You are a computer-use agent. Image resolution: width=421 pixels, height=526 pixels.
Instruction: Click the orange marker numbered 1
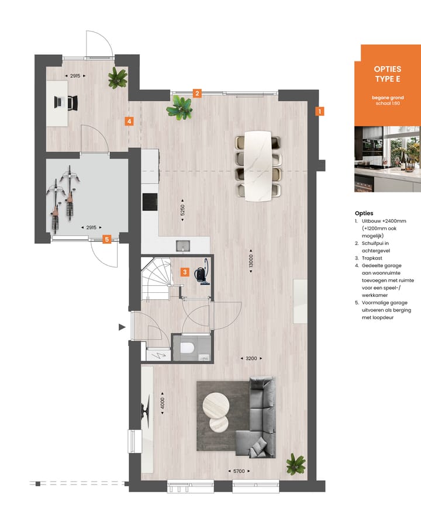point(320,110)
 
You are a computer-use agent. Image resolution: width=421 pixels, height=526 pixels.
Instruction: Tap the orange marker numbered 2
point(197,93)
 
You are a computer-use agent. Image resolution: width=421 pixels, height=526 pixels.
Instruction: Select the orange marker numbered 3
point(184,272)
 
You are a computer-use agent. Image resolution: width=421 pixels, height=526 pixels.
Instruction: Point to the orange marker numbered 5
point(106,238)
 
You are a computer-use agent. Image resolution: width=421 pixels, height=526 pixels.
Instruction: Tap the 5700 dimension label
point(240,471)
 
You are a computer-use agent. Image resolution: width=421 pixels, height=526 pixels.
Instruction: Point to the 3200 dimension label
point(252,358)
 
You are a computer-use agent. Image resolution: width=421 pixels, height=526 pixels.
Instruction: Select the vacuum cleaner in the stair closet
point(202,274)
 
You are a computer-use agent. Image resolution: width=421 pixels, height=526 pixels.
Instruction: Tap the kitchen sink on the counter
point(183,245)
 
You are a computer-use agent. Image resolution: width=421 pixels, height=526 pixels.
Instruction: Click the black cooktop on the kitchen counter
point(149,202)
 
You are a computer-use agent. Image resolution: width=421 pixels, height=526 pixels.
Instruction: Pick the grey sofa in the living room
point(257,415)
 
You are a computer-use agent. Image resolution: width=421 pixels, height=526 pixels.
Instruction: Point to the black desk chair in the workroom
point(71,102)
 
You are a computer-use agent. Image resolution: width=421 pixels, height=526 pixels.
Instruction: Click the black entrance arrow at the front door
point(122,327)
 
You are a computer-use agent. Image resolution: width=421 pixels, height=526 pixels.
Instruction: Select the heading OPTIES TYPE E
point(387,74)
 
